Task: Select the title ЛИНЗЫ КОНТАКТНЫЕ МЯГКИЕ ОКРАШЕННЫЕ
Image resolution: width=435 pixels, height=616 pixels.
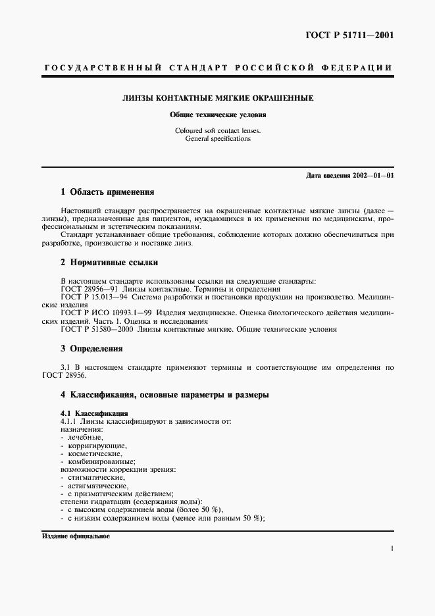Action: coord(217,98)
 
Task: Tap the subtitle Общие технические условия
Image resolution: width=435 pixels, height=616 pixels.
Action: coord(217,115)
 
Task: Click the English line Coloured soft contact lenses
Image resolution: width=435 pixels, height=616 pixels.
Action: coord(217,130)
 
